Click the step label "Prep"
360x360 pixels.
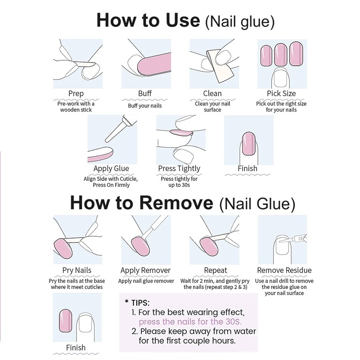[76, 94]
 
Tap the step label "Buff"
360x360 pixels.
[145, 94]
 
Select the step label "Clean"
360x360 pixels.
[212, 94]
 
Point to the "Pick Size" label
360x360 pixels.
[281, 94]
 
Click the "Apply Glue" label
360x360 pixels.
[111, 169]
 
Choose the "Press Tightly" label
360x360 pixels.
[179, 169]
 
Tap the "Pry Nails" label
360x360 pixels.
[76, 270]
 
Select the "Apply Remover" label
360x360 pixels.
[145, 270]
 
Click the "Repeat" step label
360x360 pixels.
[216, 270]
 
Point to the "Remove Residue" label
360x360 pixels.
[284, 270]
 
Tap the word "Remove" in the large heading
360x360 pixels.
[176, 203]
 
